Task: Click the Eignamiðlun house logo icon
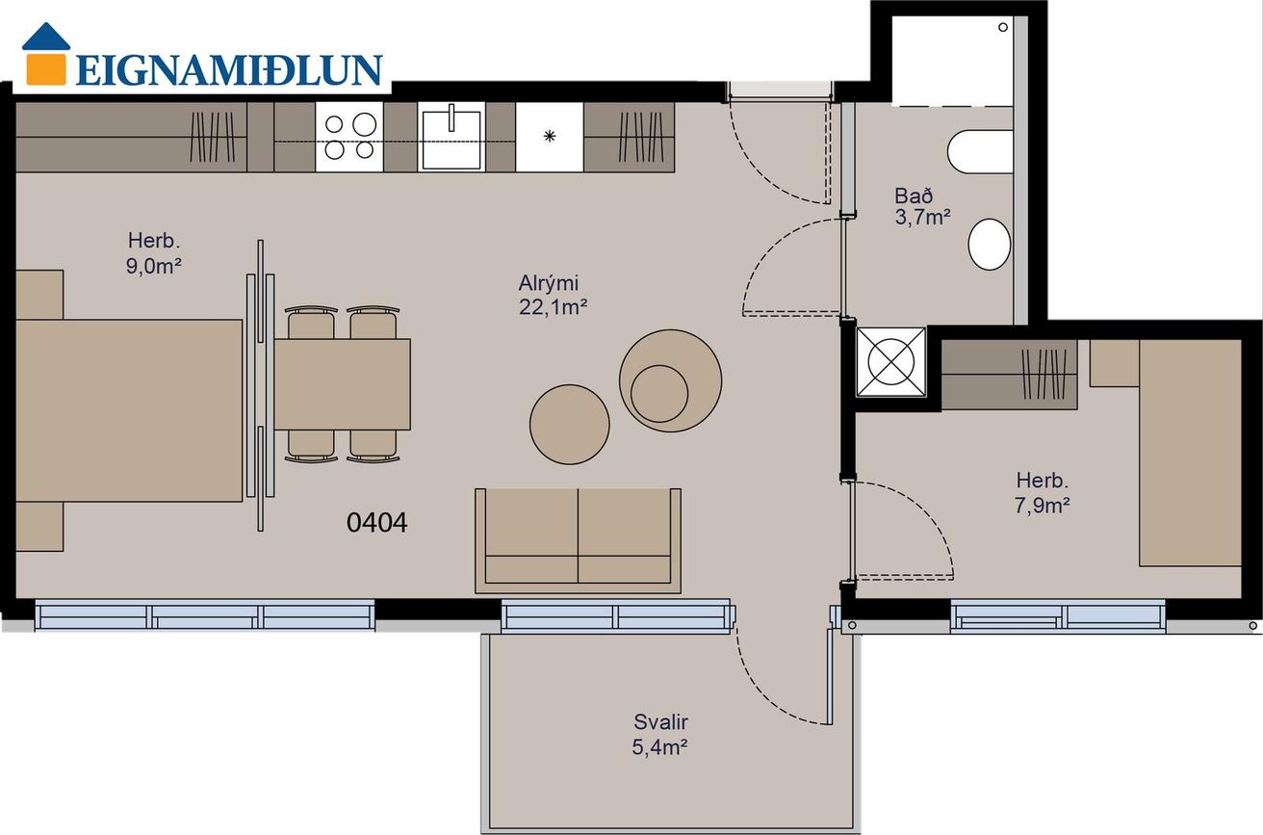tap(46, 54)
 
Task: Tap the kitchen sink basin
tap(451, 138)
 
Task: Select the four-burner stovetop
tap(349, 137)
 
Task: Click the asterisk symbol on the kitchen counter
tap(550, 137)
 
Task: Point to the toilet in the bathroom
tap(981, 152)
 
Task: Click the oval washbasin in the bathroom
tap(990, 245)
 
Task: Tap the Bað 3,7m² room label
tap(923, 206)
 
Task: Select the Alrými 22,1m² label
tap(554, 295)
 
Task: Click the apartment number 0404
tap(376, 522)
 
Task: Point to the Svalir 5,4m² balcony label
tap(659, 734)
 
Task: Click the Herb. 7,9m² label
tap(1042, 493)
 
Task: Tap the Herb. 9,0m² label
tap(153, 252)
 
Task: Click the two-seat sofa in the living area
tap(578, 540)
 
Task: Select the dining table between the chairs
tap(343, 384)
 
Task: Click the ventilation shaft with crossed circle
tap(890, 362)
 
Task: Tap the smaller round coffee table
tap(570, 425)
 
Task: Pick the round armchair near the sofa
tap(670, 380)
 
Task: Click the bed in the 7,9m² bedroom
tap(1190, 453)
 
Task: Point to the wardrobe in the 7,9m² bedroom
tap(1009, 375)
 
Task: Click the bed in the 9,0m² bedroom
tap(129, 410)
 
